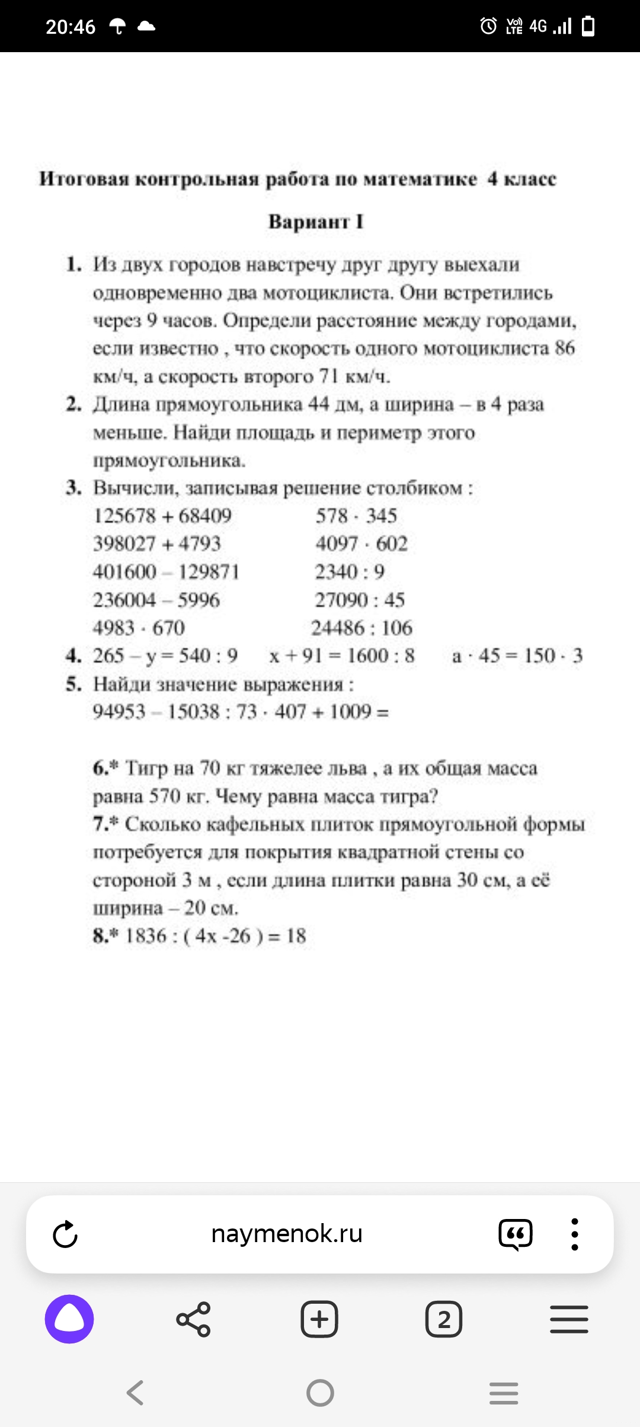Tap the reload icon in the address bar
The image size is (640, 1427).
[65, 1234]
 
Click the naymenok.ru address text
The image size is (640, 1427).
[287, 1234]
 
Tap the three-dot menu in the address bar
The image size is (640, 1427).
[574, 1234]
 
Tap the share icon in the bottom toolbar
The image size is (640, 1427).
[193, 1319]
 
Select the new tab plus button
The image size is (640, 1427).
[319, 1319]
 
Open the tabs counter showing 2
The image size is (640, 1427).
[444, 1319]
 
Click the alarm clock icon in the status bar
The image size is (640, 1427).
[488, 26]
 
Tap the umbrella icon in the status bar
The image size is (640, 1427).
[118, 26]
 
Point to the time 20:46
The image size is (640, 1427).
[71, 27]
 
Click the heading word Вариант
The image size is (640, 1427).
[309, 222]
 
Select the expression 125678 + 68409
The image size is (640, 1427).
[162, 516]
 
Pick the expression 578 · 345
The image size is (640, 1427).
[356, 516]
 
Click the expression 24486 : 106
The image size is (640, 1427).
[361, 628]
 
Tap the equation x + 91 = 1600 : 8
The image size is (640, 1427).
[342, 655]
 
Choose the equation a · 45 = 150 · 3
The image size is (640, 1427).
[517, 655]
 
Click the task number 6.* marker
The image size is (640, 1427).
[106, 768]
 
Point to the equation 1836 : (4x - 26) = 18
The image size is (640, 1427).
[215, 936]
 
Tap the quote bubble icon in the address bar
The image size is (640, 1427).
[516, 1234]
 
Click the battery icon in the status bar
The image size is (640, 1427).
[588, 26]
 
